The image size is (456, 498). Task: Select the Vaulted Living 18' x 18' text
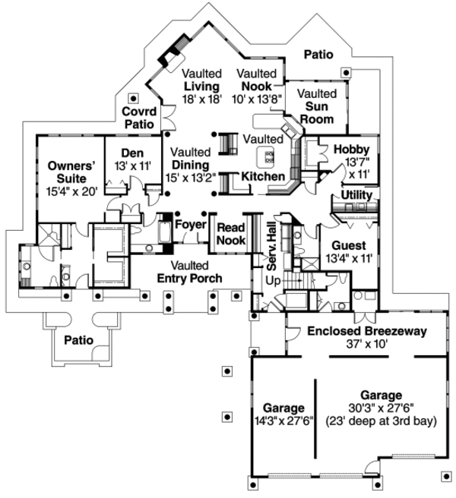click(x=201, y=85)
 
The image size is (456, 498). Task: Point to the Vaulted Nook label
click(x=258, y=85)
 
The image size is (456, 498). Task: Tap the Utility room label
click(x=356, y=196)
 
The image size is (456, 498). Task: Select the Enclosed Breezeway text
click(x=367, y=337)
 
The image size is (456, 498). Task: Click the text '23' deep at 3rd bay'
click(x=380, y=421)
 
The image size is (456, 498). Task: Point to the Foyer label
click(x=191, y=225)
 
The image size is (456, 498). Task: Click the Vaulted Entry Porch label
click(x=190, y=272)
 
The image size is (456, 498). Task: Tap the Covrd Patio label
click(x=139, y=118)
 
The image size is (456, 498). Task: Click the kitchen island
click(x=268, y=157)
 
